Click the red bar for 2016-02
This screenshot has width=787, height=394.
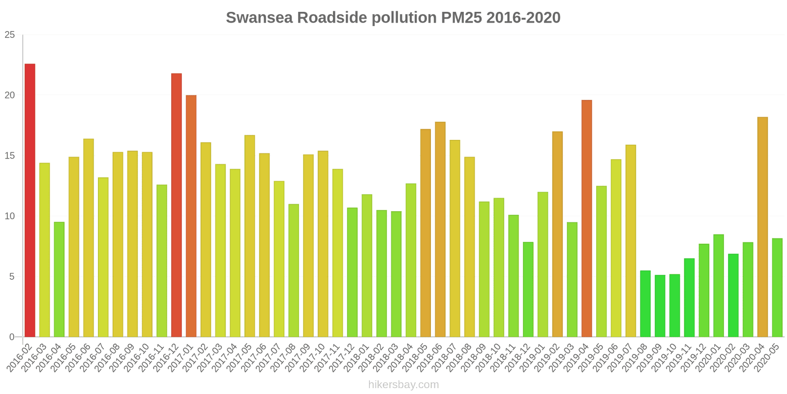pyautogui.click(x=30, y=200)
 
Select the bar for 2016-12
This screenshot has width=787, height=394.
pyautogui.click(x=176, y=205)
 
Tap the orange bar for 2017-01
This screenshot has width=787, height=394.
pyautogui.click(x=191, y=216)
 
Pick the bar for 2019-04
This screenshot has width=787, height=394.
pyautogui.click(x=586, y=219)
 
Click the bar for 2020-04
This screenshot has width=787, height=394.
pyautogui.click(x=762, y=227)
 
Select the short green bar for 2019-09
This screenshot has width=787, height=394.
pyautogui.click(x=660, y=306)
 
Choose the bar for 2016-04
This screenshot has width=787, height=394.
pyautogui.click(x=59, y=280)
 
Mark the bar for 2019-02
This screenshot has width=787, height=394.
pyautogui.click(x=557, y=234)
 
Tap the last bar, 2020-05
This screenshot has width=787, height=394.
pyautogui.click(x=777, y=288)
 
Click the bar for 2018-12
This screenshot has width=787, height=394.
pyautogui.click(x=528, y=290)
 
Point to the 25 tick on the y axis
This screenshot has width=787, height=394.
pyautogui.click(x=10, y=35)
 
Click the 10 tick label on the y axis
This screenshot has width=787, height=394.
pyautogui.click(x=10, y=216)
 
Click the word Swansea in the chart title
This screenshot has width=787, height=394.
pyautogui.click(x=259, y=18)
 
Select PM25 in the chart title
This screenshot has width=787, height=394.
pyautogui.click(x=462, y=18)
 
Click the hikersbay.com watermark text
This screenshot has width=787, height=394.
pyautogui.click(x=403, y=385)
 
